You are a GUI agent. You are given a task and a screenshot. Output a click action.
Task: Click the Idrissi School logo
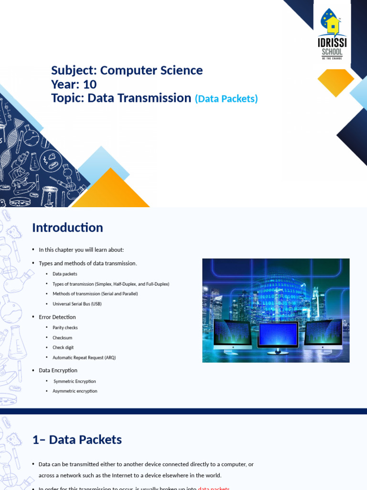point(333,33)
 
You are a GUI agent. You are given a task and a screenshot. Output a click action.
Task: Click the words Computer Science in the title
point(151,70)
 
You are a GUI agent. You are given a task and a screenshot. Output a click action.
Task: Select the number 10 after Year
point(89,85)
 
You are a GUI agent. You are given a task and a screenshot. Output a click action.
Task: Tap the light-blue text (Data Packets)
point(226,99)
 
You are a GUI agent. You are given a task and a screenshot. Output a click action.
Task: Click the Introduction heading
point(67,228)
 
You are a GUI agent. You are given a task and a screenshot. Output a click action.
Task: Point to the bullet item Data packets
point(65,274)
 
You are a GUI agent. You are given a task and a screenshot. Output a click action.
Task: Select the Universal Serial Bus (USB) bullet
point(77,304)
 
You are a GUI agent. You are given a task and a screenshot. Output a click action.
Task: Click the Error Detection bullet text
point(57,317)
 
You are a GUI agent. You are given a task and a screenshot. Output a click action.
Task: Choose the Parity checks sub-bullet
point(65,328)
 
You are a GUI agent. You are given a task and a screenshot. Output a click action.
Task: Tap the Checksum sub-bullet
point(63,338)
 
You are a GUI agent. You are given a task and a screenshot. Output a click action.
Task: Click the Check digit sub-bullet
point(63,348)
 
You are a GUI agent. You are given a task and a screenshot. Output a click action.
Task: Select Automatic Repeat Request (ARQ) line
point(84,358)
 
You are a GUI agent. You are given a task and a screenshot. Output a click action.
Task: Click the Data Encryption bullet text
point(58,370)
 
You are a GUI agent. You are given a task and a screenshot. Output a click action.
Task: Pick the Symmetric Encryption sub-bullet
point(75,381)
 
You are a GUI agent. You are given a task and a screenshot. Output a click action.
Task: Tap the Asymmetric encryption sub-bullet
point(75,391)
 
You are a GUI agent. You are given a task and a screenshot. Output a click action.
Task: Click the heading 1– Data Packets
point(77,440)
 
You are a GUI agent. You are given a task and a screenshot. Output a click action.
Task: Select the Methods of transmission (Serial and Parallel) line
point(95,294)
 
